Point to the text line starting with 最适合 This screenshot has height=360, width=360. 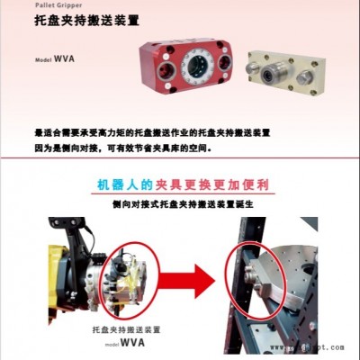[x=153, y=131]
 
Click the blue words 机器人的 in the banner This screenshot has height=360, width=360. [x=127, y=184]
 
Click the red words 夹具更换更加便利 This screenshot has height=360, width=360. [x=215, y=184]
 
